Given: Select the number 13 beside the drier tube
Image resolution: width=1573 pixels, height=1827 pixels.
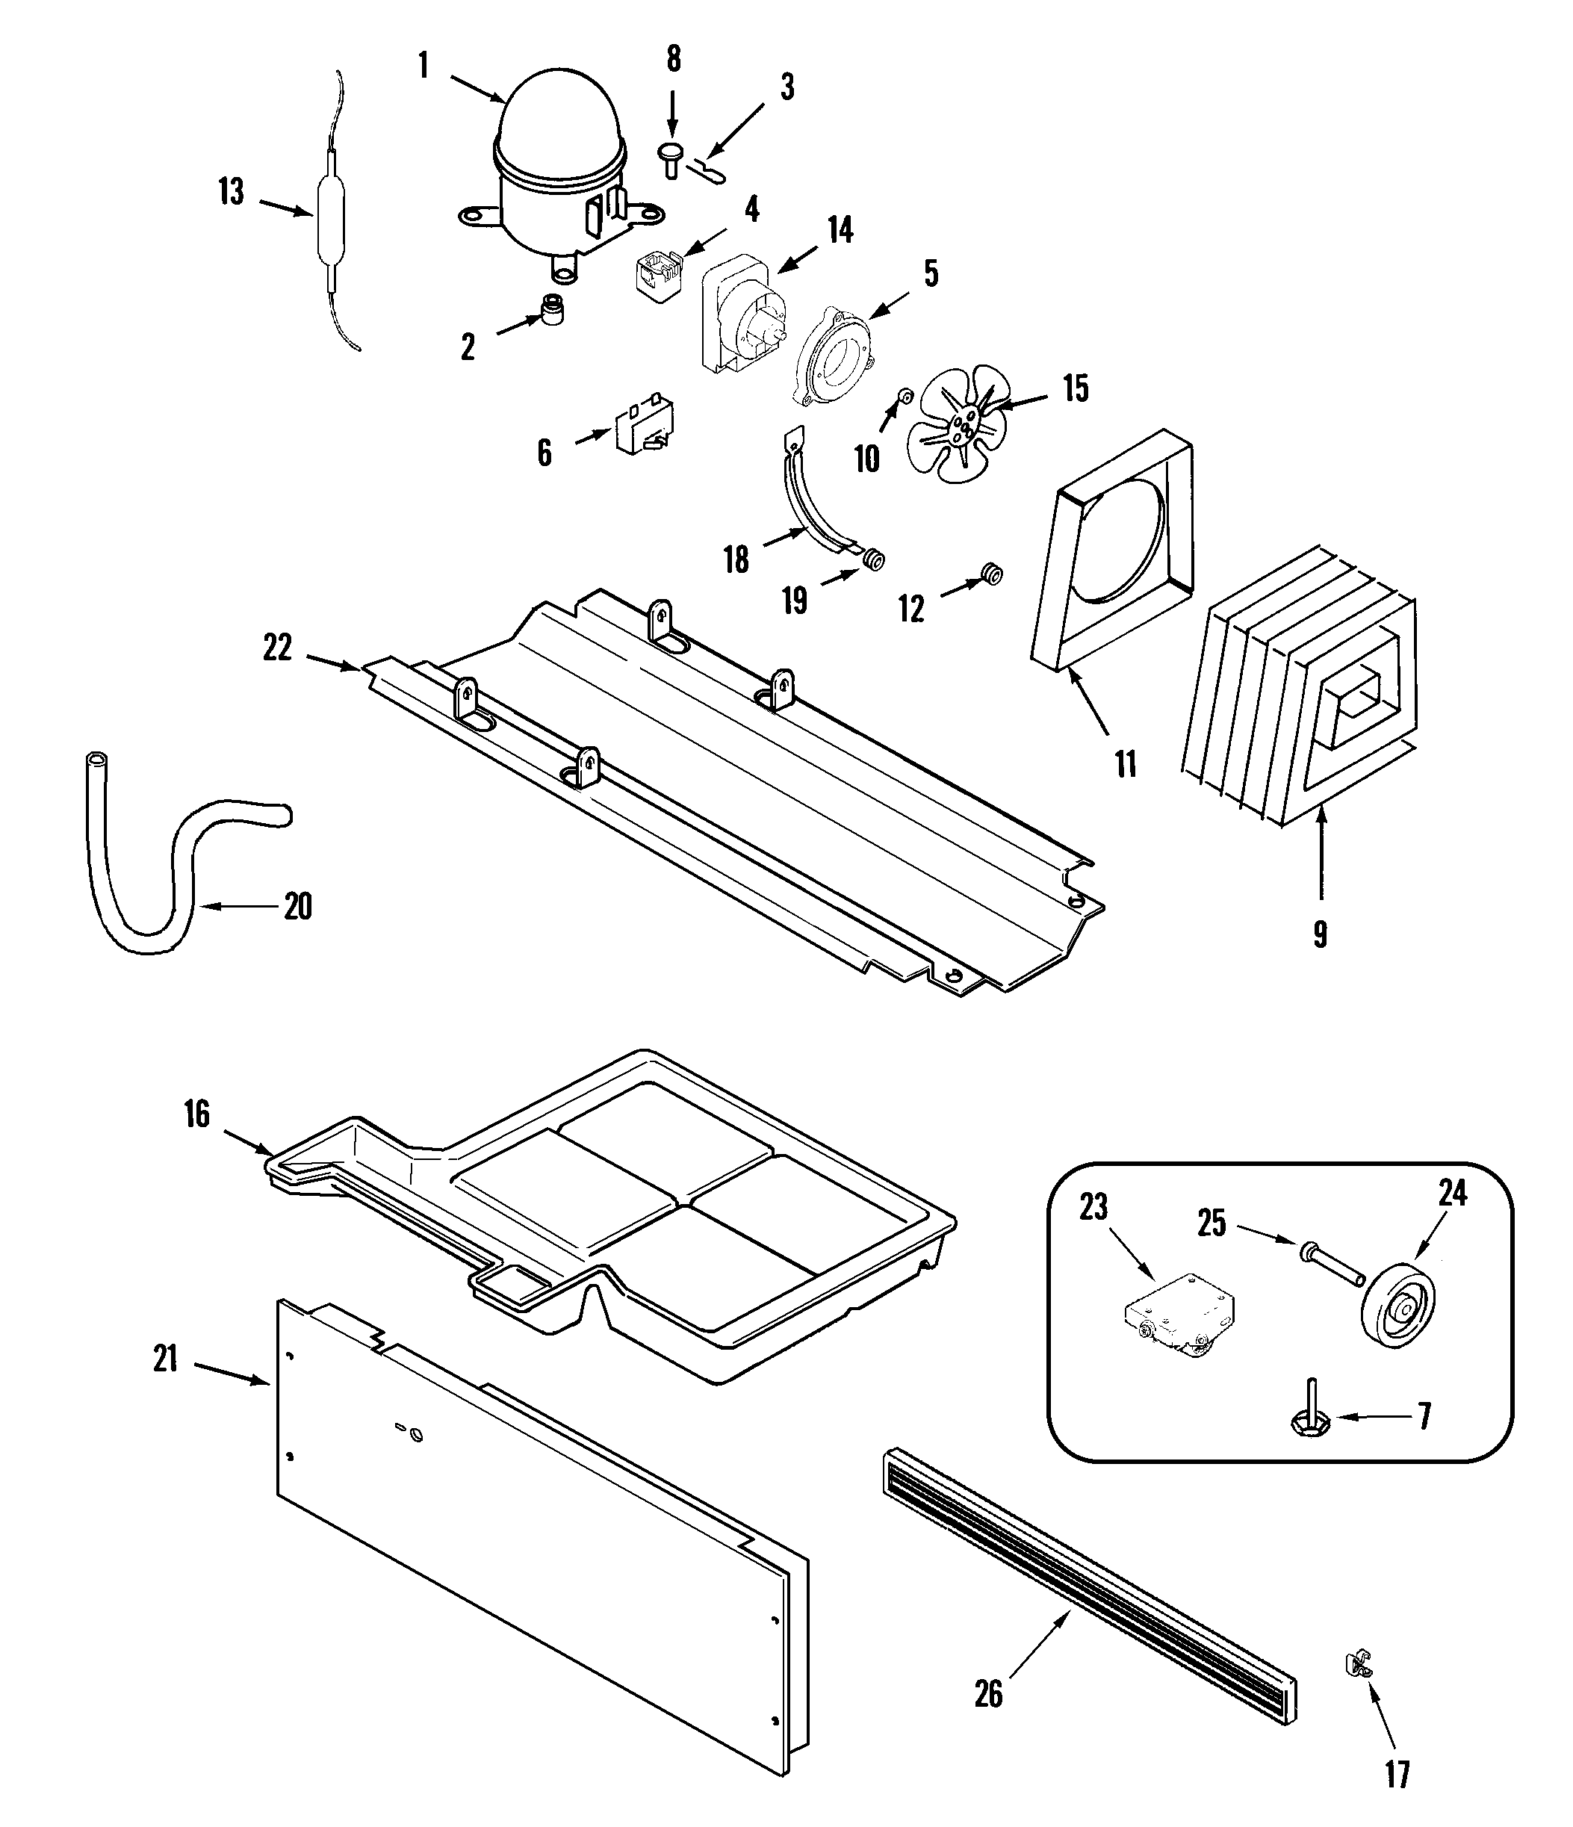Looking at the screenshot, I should click(231, 192).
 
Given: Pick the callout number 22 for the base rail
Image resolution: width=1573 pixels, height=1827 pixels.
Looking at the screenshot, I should click(277, 648).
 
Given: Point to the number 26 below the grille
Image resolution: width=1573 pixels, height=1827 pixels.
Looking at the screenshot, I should click(988, 1694).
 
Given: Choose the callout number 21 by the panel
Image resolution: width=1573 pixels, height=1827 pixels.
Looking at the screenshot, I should click(166, 1359).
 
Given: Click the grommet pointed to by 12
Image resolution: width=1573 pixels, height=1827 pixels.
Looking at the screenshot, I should click(992, 575).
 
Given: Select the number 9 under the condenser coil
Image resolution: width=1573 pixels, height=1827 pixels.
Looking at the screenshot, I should click(1320, 934).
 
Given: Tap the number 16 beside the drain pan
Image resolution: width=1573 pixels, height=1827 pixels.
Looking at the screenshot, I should click(196, 1114).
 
